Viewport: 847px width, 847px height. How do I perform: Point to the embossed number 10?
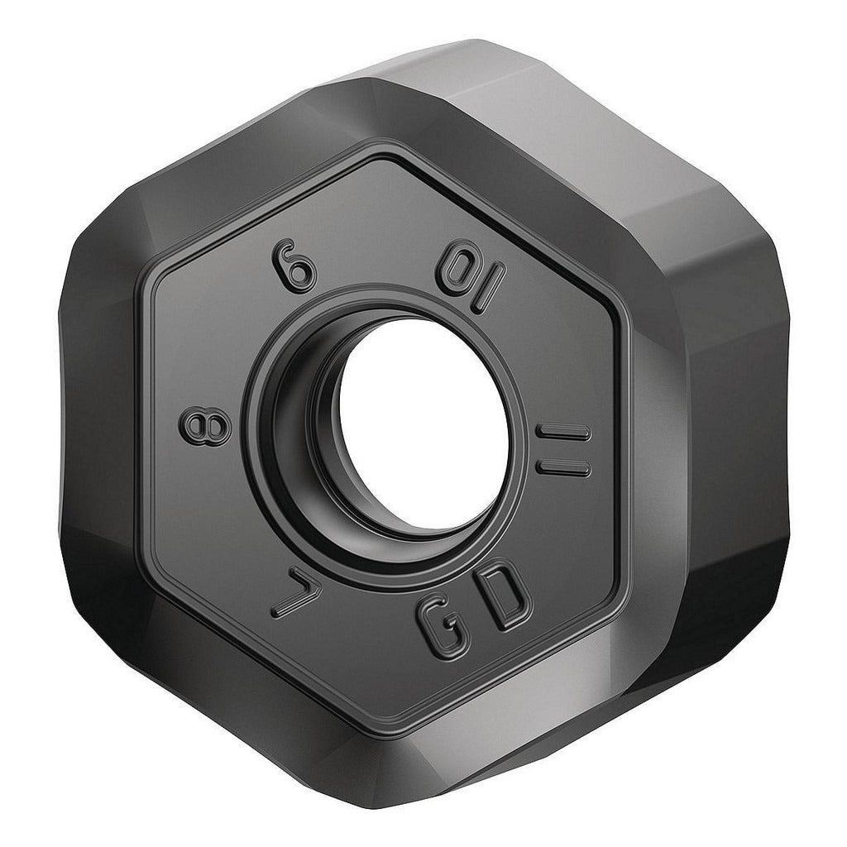tap(471, 280)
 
